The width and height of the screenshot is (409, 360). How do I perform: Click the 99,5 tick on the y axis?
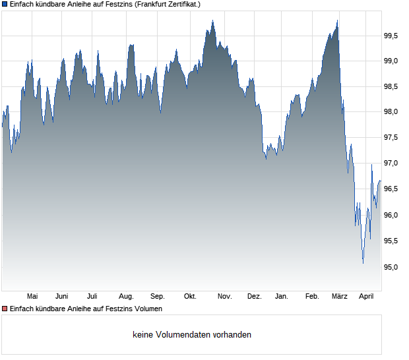click(391, 36)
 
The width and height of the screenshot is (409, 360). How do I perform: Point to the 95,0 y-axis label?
click(391, 267)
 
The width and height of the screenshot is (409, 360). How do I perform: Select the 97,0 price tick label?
click(391, 163)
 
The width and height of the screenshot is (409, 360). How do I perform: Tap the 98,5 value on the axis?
click(391, 86)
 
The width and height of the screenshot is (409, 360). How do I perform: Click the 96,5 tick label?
click(391, 189)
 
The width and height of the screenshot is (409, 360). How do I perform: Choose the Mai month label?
click(32, 296)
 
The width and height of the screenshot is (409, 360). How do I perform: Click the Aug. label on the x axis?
click(126, 296)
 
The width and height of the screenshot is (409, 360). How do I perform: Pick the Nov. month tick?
click(225, 296)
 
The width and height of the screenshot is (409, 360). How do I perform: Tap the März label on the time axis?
click(339, 296)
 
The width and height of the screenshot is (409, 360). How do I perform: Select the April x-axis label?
click(366, 296)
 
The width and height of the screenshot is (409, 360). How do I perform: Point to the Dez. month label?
click(255, 296)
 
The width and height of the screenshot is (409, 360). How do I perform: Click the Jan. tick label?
click(282, 296)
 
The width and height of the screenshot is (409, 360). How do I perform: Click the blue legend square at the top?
click(5, 4)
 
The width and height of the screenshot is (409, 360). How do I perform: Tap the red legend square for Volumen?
click(5, 309)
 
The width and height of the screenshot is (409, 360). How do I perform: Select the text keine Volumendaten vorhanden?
click(192, 335)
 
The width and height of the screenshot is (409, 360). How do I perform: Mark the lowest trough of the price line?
click(363, 263)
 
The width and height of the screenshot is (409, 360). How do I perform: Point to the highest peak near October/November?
click(212, 21)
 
